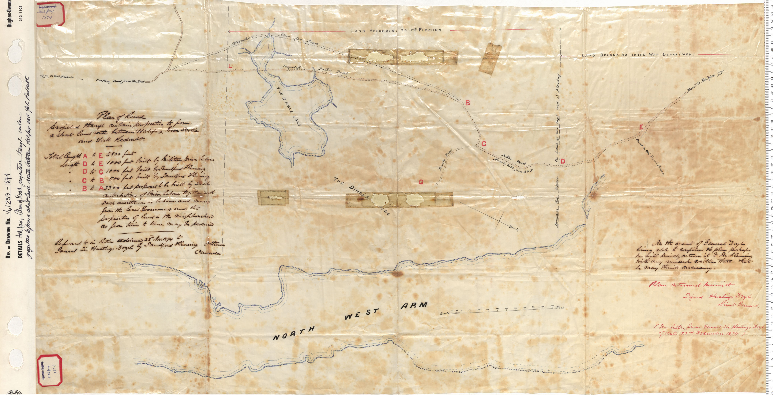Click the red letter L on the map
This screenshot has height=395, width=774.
(239, 67)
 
